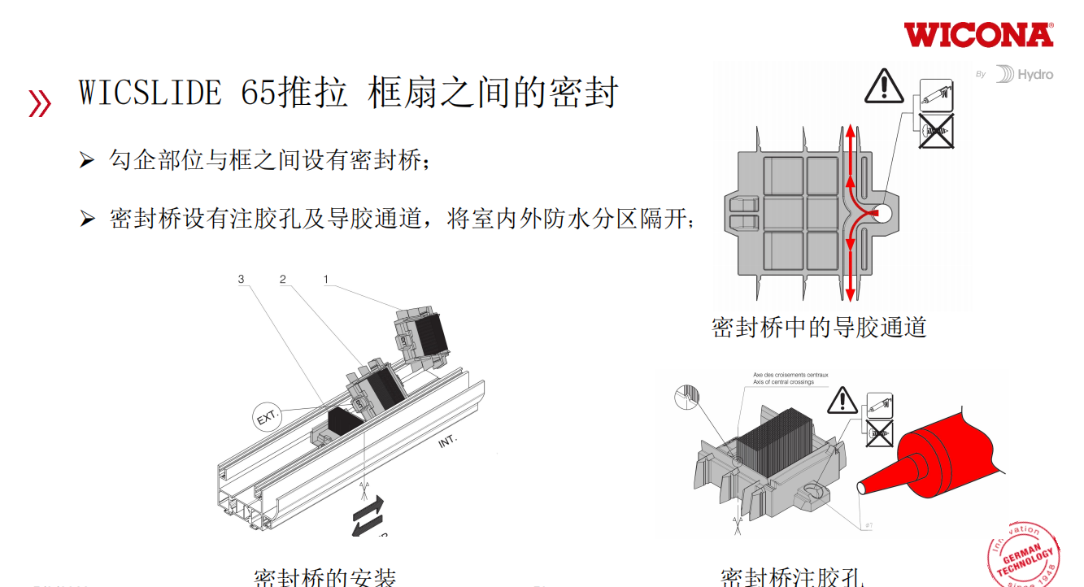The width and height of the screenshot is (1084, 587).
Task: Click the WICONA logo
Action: click(978, 35)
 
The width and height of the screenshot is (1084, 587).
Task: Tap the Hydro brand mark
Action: click(1025, 75)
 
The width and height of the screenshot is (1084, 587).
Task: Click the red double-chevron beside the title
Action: click(39, 103)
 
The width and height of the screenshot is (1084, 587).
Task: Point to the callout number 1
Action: click(326, 280)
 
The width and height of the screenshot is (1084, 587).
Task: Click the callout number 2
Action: click(283, 280)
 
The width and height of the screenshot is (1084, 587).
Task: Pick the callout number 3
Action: click(241, 280)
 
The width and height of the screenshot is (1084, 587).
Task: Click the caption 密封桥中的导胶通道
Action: click(819, 328)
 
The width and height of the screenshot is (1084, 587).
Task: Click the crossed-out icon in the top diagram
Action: click(936, 132)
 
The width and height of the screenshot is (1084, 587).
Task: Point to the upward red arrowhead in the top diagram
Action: click(849, 130)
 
